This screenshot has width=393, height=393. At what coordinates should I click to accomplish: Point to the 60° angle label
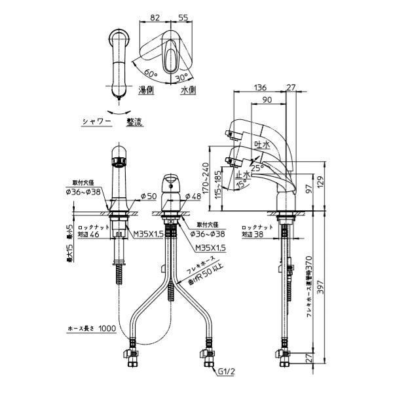[150, 73]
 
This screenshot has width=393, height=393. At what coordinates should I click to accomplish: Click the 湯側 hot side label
[146, 90]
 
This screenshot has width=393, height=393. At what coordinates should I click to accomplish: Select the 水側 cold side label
[189, 90]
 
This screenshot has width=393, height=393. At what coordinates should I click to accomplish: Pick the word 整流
[135, 121]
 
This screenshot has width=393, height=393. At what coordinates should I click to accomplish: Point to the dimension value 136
[259, 87]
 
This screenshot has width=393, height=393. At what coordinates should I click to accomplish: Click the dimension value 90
[267, 100]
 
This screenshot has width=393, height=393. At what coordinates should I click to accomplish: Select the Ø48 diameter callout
[192, 196]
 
